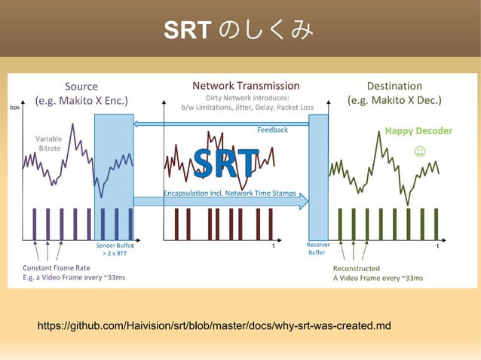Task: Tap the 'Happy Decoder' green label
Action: (x=418, y=131)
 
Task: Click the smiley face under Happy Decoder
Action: (x=420, y=151)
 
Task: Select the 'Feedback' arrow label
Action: (x=272, y=130)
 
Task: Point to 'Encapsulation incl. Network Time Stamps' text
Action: (x=230, y=194)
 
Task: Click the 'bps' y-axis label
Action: (x=14, y=107)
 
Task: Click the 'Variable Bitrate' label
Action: (x=50, y=143)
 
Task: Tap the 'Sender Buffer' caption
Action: (x=115, y=246)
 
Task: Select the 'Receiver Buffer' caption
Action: (x=317, y=249)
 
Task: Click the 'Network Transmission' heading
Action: (x=246, y=86)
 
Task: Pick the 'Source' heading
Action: (x=81, y=86)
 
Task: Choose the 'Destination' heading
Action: (x=394, y=86)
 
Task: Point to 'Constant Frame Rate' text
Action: (x=57, y=267)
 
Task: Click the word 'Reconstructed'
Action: (x=356, y=267)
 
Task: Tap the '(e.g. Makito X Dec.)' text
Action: (x=394, y=100)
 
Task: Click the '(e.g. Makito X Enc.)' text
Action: (x=81, y=100)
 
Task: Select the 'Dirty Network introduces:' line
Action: (x=247, y=97)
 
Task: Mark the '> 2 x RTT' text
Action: (x=115, y=254)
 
